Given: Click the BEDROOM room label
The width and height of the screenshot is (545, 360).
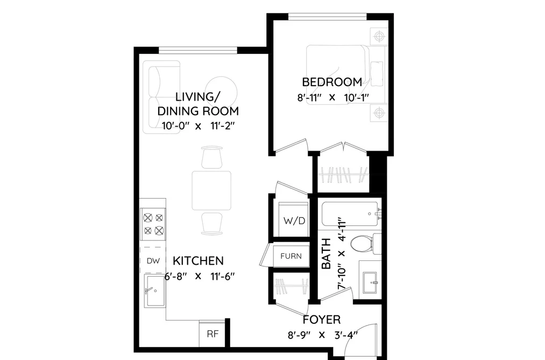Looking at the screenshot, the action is tap(332, 82).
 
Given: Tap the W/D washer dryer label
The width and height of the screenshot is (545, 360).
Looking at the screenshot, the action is tap(294, 221).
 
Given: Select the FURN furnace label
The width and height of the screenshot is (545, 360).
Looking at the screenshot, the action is tap(291, 256).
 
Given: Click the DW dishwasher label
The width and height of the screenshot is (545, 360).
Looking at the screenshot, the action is tap(153, 261).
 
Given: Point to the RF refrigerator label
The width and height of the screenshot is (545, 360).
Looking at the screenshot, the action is tap(213, 334).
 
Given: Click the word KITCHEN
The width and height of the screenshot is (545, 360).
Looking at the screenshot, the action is tap(198, 260).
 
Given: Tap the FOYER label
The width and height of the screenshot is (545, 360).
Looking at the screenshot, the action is tap(322, 320).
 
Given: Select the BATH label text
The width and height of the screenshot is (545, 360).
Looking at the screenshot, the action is tap(327, 253).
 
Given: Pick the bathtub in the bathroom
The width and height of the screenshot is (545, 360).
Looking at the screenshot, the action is tap(351, 214).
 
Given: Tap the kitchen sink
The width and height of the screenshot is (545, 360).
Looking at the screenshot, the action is tap(155, 291).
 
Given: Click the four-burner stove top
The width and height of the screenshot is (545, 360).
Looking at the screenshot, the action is tap(153, 224).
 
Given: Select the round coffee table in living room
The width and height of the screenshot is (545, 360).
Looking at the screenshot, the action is tap(222, 90).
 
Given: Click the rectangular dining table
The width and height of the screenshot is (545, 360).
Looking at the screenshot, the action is tap(211, 191).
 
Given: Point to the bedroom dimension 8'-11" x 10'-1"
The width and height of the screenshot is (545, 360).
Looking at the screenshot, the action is tap(332, 97).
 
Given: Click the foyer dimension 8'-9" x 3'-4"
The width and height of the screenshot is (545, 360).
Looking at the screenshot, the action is tap(323, 335).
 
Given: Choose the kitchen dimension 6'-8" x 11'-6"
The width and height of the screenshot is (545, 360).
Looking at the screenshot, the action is tap(200, 277).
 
